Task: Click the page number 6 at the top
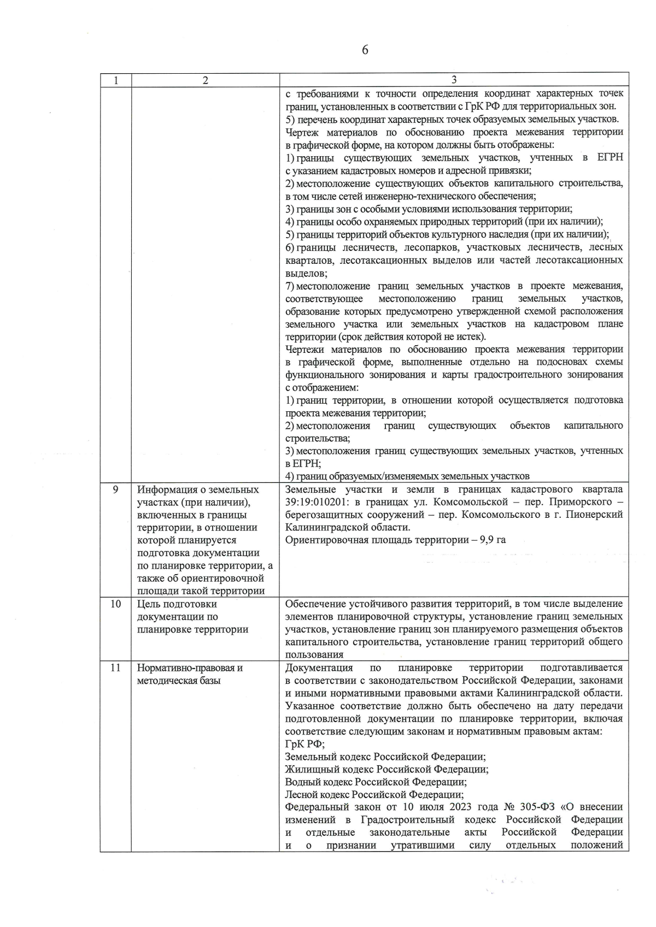(365, 50)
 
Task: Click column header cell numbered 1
(115, 80)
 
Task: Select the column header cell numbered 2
(205, 80)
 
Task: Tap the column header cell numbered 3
(454, 80)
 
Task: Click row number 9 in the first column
(115, 489)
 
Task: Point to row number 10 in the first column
(115, 604)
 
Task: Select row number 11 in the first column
(115, 668)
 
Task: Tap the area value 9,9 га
(491, 540)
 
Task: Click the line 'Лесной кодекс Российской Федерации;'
(374, 795)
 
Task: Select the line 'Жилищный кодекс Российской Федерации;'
(386, 770)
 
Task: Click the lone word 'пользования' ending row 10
(314, 655)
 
